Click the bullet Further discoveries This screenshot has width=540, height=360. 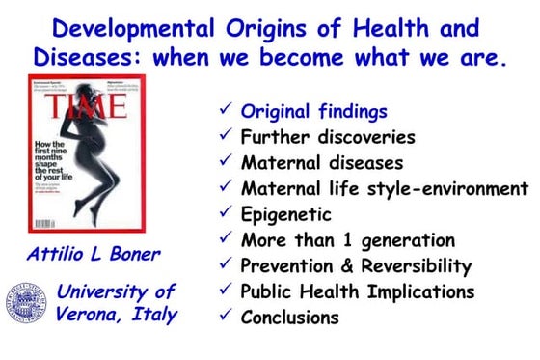coord(327,137)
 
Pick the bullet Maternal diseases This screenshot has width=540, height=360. coord(321,162)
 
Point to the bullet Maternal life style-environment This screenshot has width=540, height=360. coord(384,188)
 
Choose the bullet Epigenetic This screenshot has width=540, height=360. coord(285,213)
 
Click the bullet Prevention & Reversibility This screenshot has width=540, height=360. coord(356,265)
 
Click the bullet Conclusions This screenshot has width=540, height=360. coord(289,317)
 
